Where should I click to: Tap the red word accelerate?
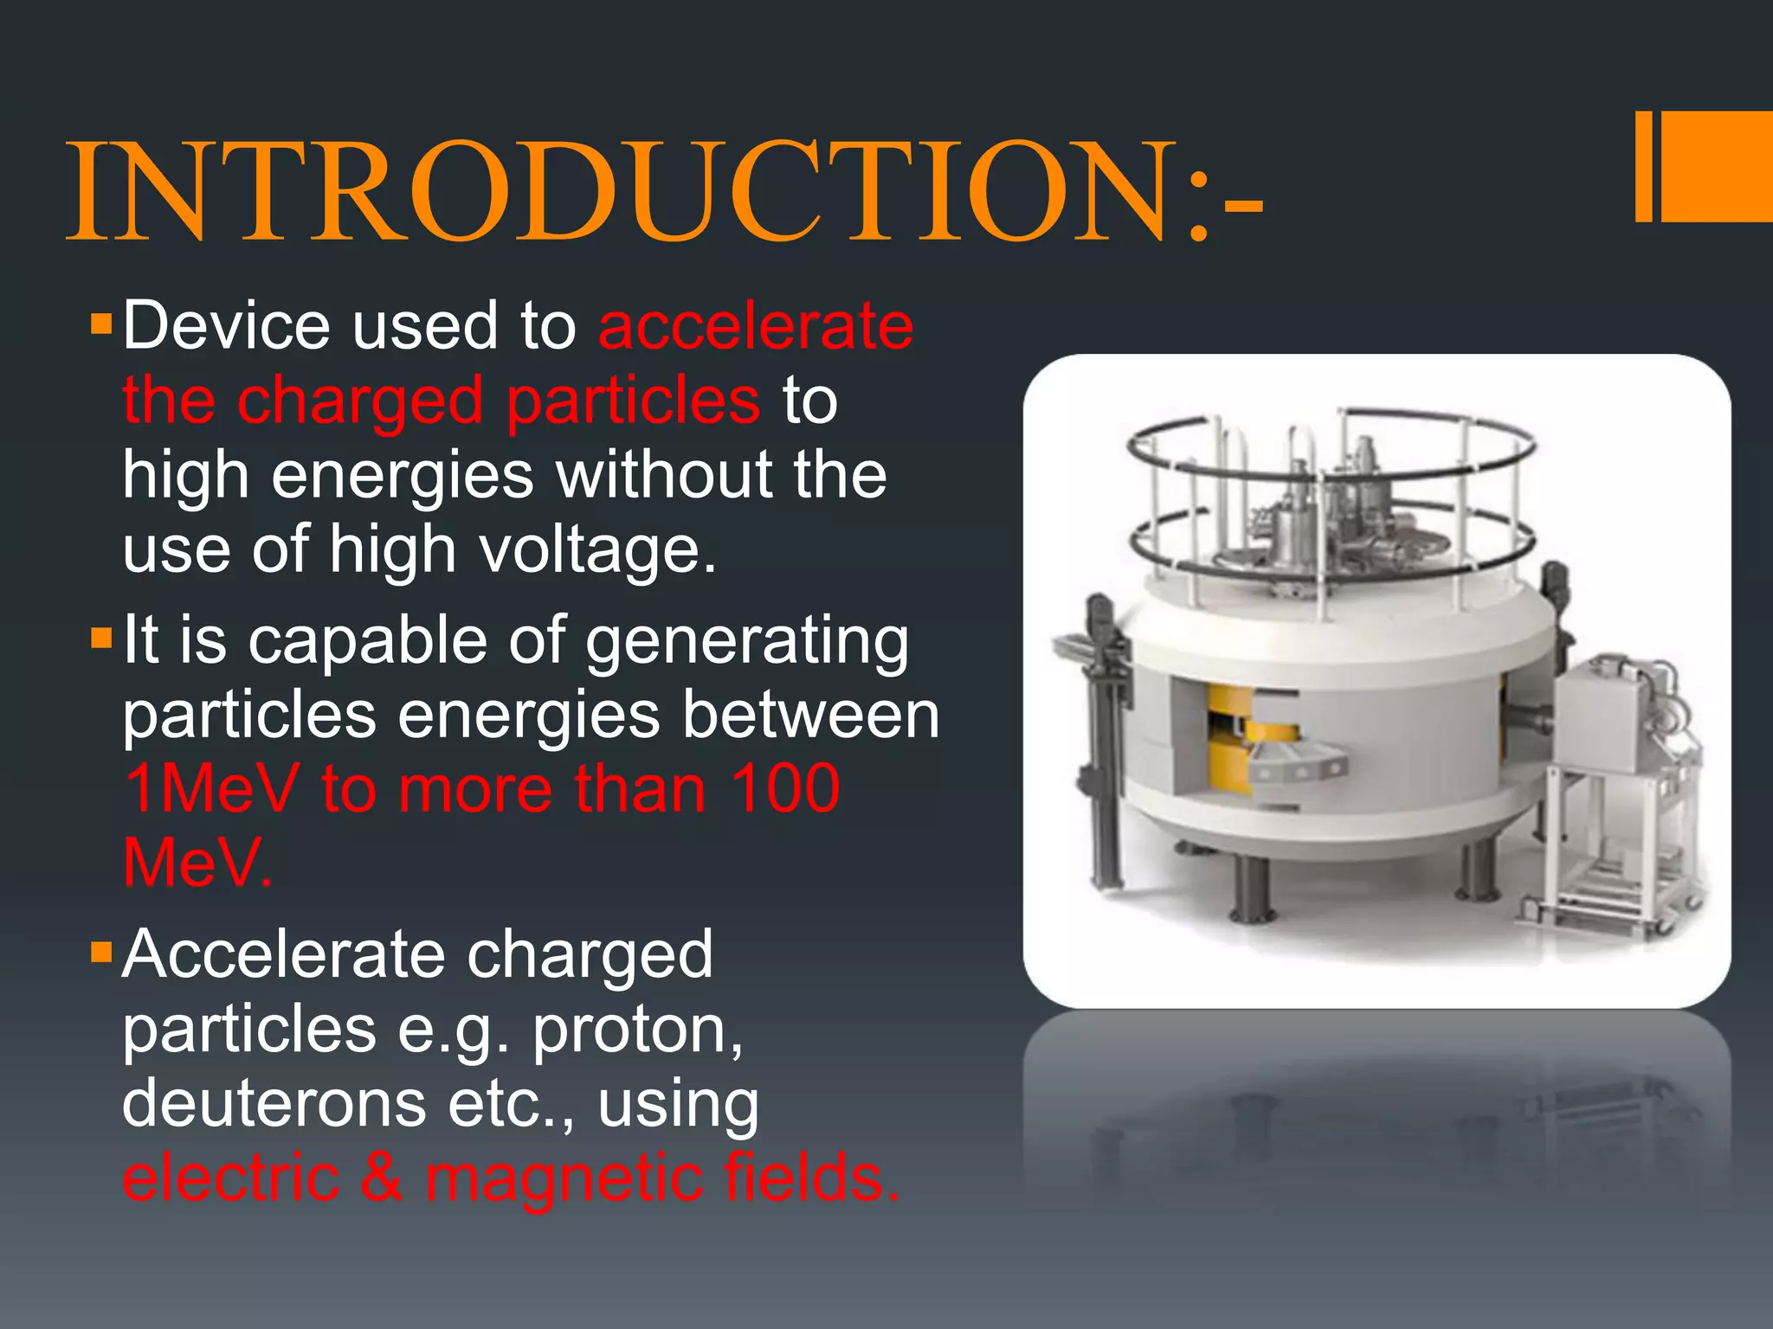click(756, 326)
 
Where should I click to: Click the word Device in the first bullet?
click(226, 326)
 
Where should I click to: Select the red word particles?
click(633, 401)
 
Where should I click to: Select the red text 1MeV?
click(212, 789)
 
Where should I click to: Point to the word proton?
click(637, 1030)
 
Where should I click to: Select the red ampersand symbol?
click(382, 1178)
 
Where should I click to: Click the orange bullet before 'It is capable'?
click(102, 640)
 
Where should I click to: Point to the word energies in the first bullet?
click(403, 476)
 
